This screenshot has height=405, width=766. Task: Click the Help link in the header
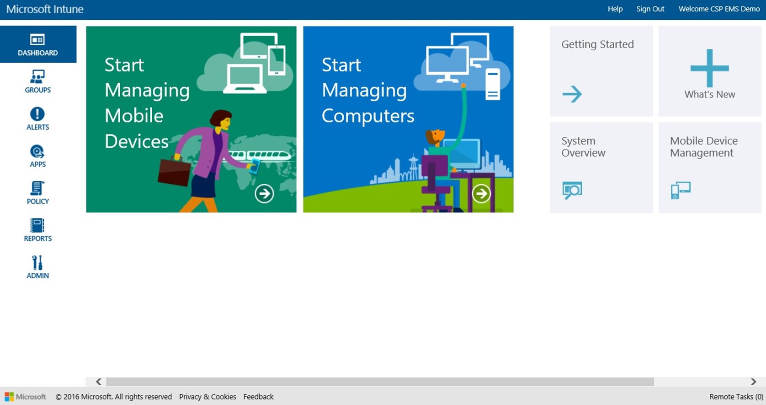pos(615,9)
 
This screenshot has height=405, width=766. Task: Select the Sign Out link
pos(650,9)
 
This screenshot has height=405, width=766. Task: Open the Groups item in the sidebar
pos(37,81)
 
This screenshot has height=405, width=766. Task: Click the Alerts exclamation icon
pos(37,114)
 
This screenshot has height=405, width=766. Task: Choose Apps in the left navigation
pos(37,156)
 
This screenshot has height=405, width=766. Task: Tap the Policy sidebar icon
pos(37,188)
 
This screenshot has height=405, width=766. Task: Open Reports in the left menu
pos(37,230)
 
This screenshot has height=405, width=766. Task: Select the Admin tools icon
pos(37,263)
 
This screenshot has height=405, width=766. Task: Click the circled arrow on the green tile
pos(264,194)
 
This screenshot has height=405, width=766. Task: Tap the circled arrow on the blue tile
pos(481,194)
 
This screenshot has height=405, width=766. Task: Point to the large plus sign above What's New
pos(710,68)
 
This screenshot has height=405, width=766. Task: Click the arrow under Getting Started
pos(572,94)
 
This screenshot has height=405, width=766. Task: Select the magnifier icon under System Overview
pos(572,190)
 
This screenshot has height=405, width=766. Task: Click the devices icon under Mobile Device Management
pos(681,190)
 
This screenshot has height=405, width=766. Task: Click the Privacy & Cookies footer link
pos(207,397)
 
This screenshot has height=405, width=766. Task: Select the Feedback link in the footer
pos(258,397)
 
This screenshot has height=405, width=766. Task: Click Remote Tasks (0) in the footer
pos(736,397)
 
